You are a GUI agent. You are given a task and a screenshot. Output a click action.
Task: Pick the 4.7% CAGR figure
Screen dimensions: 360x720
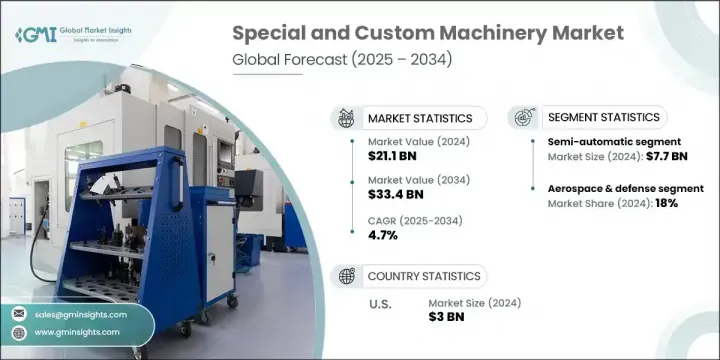point(383,235)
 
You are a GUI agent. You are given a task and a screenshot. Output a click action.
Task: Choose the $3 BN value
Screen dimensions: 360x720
point(447,317)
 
